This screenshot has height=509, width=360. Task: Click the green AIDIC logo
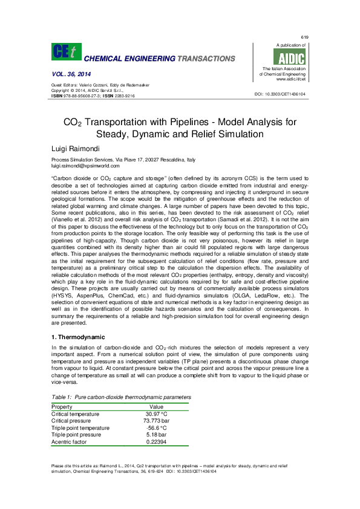coord(290,57)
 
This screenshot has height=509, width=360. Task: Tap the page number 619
coord(304,37)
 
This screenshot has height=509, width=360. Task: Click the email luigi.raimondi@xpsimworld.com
coord(85,165)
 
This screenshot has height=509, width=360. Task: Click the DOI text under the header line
coord(280,95)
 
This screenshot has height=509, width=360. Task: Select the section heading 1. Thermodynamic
coord(79,337)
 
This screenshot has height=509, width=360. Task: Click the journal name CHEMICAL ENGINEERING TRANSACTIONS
coord(159,59)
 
